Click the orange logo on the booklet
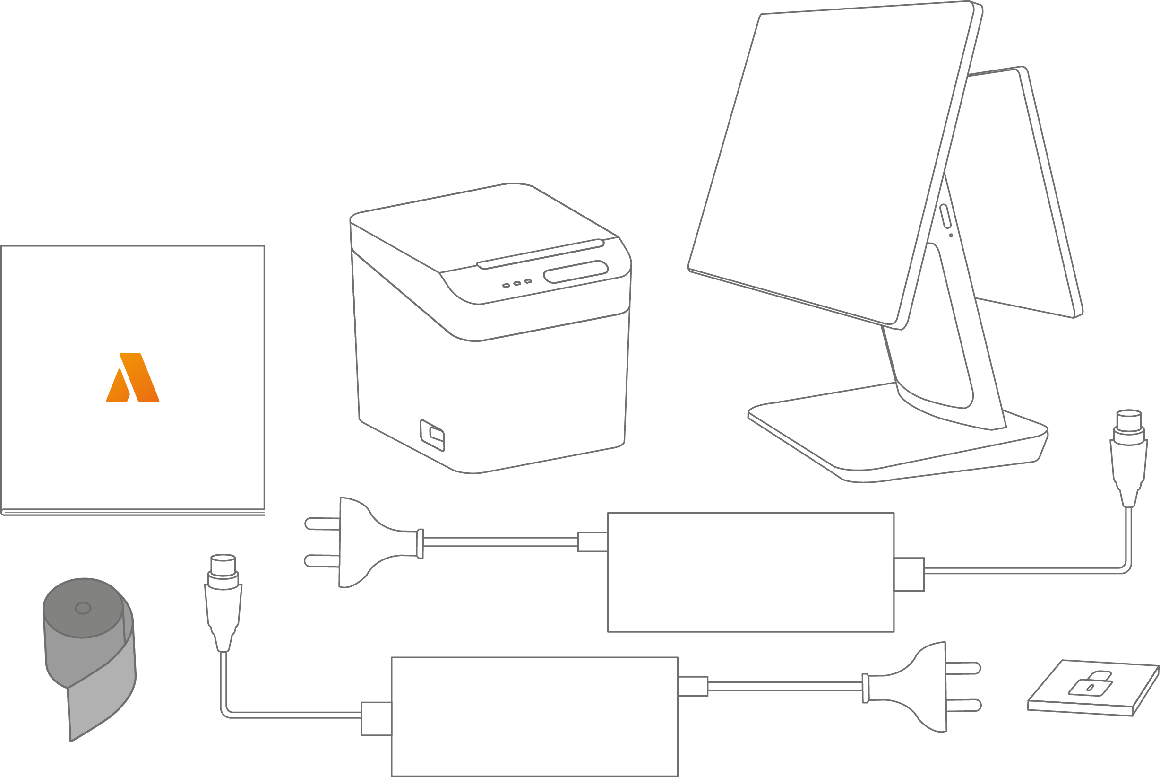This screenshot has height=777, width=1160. (x=133, y=377)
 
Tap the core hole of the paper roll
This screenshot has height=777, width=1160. (x=83, y=608)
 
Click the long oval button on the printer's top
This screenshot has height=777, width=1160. (x=576, y=271)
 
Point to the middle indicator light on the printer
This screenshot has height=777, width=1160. (x=517, y=283)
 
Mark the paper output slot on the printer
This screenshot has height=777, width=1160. (x=540, y=255)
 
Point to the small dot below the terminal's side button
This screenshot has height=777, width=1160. (x=951, y=235)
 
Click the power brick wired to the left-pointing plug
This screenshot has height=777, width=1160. (x=750, y=572)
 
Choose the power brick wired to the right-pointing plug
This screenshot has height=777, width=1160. (x=534, y=716)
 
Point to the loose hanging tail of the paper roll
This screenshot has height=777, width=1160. (x=99, y=704)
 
